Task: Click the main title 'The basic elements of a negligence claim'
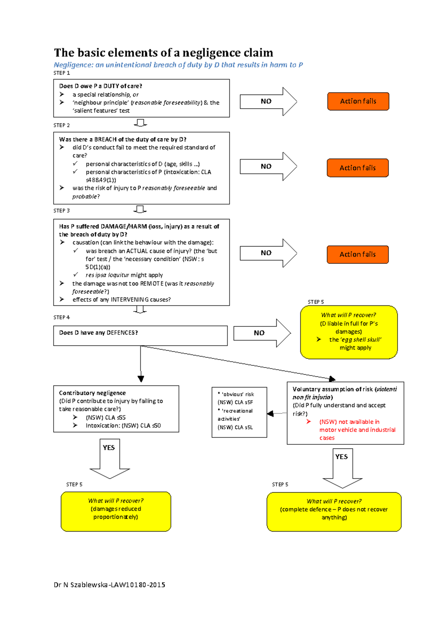[x=164, y=53]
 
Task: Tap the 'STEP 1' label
[x=61, y=73]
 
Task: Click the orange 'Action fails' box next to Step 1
[x=358, y=101]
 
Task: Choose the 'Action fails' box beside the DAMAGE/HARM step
[x=358, y=254]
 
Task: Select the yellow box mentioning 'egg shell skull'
[x=349, y=332]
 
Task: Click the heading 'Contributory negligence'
[x=92, y=393]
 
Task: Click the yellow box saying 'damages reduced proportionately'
[x=116, y=511]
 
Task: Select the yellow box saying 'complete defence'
[x=334, y=512]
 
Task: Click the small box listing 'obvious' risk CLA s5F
[x=239, y=412]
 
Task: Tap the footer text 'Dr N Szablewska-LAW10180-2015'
[x=109, y=585]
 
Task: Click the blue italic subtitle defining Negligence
[x=178, y=65]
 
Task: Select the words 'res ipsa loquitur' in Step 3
[x=107, y=275]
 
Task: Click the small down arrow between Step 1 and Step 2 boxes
[x=140, y=123]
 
